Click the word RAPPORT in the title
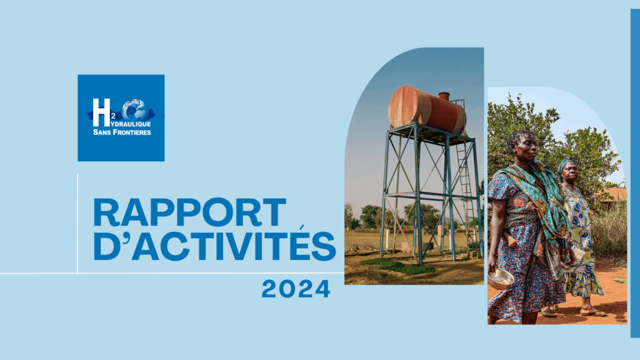click(190, 212)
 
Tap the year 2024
click(296, 289)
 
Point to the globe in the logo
click(135, 109)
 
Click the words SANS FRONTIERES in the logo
click(122, 132)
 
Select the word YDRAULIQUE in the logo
click(131, 124)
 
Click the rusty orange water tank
click(426, 110)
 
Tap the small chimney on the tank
click(444, 96)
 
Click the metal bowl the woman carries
click(501, 279)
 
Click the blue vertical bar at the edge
click(635, 173)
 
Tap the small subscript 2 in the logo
click(113, 116)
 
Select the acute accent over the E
click(301, 227)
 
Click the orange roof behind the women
click(613, 194)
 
